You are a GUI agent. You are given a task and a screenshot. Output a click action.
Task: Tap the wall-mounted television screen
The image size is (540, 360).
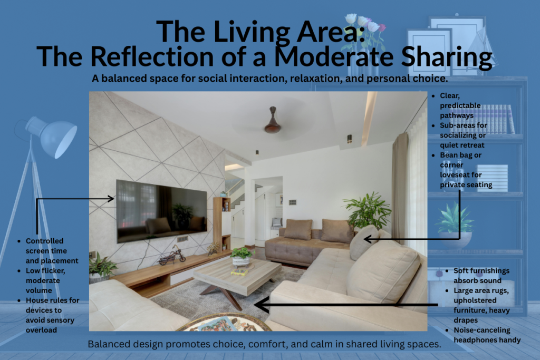point(161,210)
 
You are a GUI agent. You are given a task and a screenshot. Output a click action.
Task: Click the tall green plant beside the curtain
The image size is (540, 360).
point(367,211)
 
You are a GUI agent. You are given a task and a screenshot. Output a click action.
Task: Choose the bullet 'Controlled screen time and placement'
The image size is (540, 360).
point(52,250)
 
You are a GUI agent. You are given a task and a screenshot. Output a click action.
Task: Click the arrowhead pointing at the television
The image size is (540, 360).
point(111,199)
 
